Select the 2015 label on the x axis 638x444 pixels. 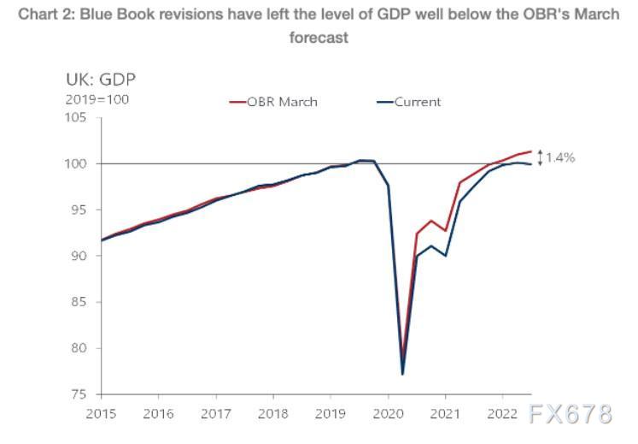101,413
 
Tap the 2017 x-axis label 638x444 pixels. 216,413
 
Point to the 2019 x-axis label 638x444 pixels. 331,413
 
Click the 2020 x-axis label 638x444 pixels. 388,413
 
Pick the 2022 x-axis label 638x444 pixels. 502,413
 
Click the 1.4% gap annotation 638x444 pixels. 559,157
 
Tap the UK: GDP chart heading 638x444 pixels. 100,80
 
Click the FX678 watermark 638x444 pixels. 570,414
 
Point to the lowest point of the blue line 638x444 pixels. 402,374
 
